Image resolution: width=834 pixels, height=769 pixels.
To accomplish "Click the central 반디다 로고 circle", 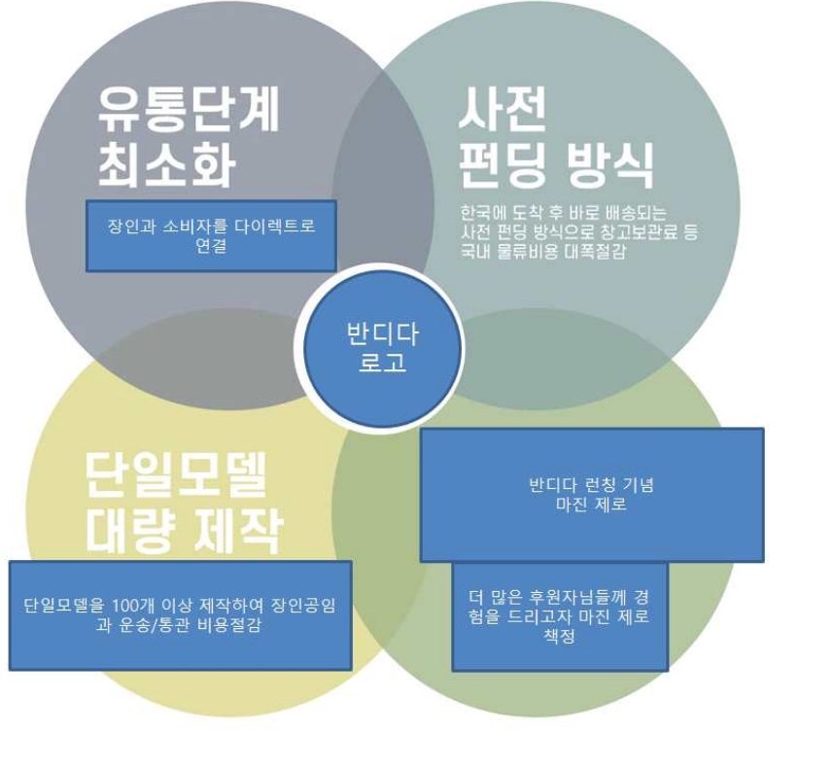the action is tap(382, 348).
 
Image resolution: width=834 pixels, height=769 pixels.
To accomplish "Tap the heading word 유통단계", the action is tap(189, 110).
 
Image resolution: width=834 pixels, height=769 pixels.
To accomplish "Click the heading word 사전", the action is tap(503, 109).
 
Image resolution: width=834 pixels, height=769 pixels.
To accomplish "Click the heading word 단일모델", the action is tap(176, 474).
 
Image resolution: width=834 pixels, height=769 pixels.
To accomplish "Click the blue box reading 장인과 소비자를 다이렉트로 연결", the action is tap(211, 235).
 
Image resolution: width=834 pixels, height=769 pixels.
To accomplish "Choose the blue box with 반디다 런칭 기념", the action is tap(592, 495).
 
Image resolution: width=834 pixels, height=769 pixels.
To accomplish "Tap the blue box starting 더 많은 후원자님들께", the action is tap(560, 617).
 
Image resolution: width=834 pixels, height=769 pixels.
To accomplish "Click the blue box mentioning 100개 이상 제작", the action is tap(180, 615).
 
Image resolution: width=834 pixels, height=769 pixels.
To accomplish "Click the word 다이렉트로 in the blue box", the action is tap(269, 226).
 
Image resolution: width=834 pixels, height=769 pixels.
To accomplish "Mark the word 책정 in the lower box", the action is tap(560, 636).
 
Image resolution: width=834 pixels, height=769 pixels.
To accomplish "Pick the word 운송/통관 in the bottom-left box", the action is tap(155, 625).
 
